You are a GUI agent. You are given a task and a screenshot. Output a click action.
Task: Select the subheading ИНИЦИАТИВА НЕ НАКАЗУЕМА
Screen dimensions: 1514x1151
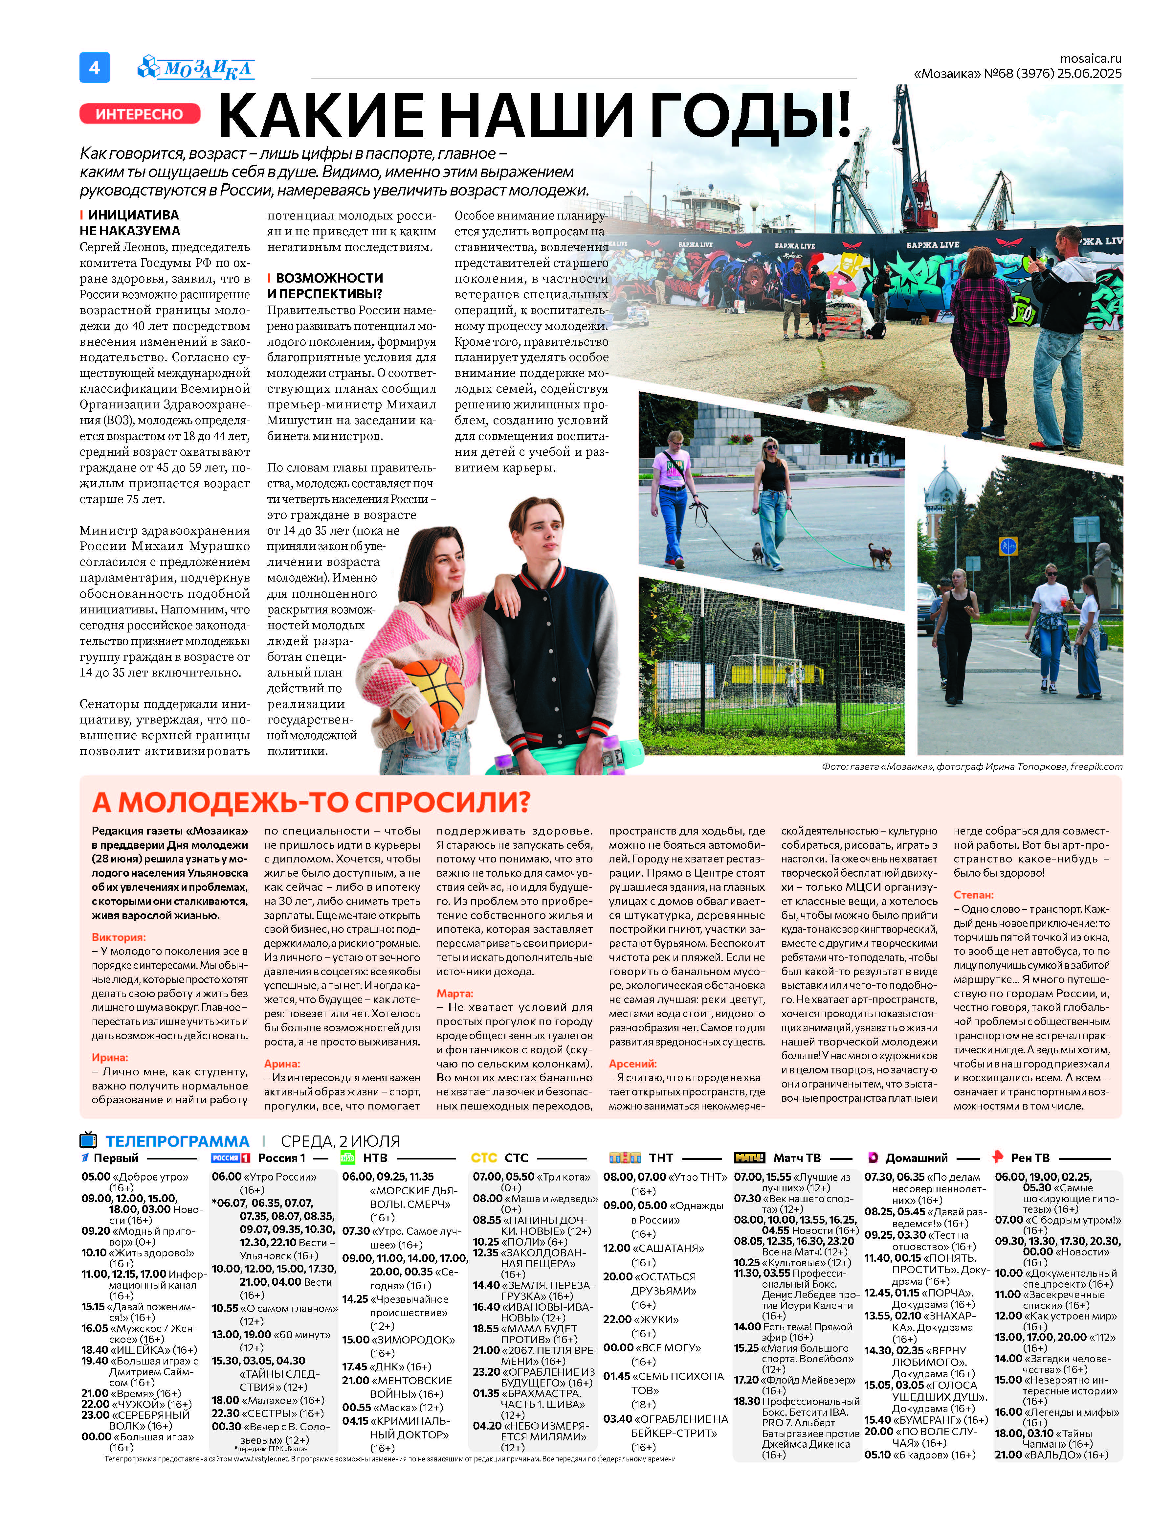130,223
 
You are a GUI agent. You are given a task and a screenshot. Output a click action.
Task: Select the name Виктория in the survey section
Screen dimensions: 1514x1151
119,937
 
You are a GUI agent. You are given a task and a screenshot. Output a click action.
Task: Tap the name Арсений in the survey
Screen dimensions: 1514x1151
632,1064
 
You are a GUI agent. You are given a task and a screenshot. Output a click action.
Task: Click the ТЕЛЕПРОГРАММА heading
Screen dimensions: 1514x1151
177,1141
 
